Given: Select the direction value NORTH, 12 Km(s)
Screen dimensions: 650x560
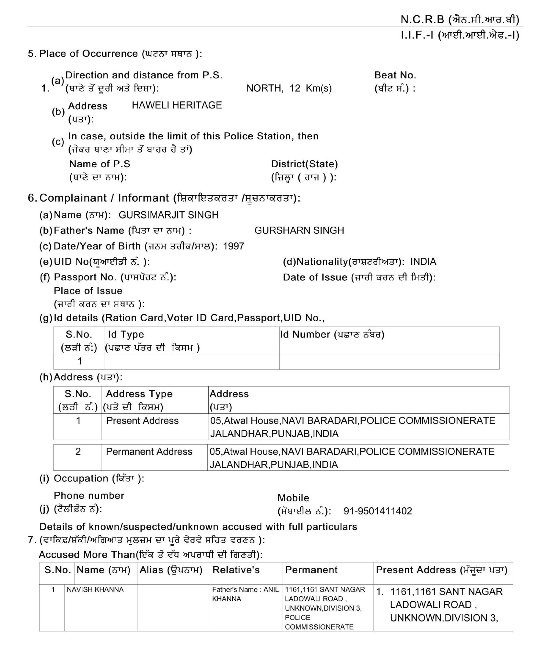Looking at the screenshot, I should tap(289, 89).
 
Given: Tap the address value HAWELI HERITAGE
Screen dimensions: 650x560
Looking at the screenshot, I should tap(177, 105).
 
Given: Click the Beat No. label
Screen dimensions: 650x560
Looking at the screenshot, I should tap(395, 75).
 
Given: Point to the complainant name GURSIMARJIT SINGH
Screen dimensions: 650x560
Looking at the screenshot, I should tap(169, 215).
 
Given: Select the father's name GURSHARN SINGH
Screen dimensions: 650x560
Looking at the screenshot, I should tap(299, 230).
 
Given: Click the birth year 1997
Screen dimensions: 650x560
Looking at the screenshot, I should tap(233, 246).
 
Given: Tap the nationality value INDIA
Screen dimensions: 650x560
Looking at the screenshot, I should tap(423, 262).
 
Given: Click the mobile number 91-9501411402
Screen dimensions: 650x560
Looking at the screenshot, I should tap(378, 511).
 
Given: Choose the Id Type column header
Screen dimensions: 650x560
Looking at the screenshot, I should tap(126, 334).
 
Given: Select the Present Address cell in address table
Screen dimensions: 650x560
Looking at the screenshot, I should tap(142, 421).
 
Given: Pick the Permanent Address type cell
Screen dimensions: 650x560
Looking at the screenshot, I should tap(149, 452).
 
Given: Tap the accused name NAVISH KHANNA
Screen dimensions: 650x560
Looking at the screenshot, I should tap(95, 590).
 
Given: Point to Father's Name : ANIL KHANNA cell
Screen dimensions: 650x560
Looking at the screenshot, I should tap(245, 594).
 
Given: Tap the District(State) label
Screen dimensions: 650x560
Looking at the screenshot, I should tap(304, 164).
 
